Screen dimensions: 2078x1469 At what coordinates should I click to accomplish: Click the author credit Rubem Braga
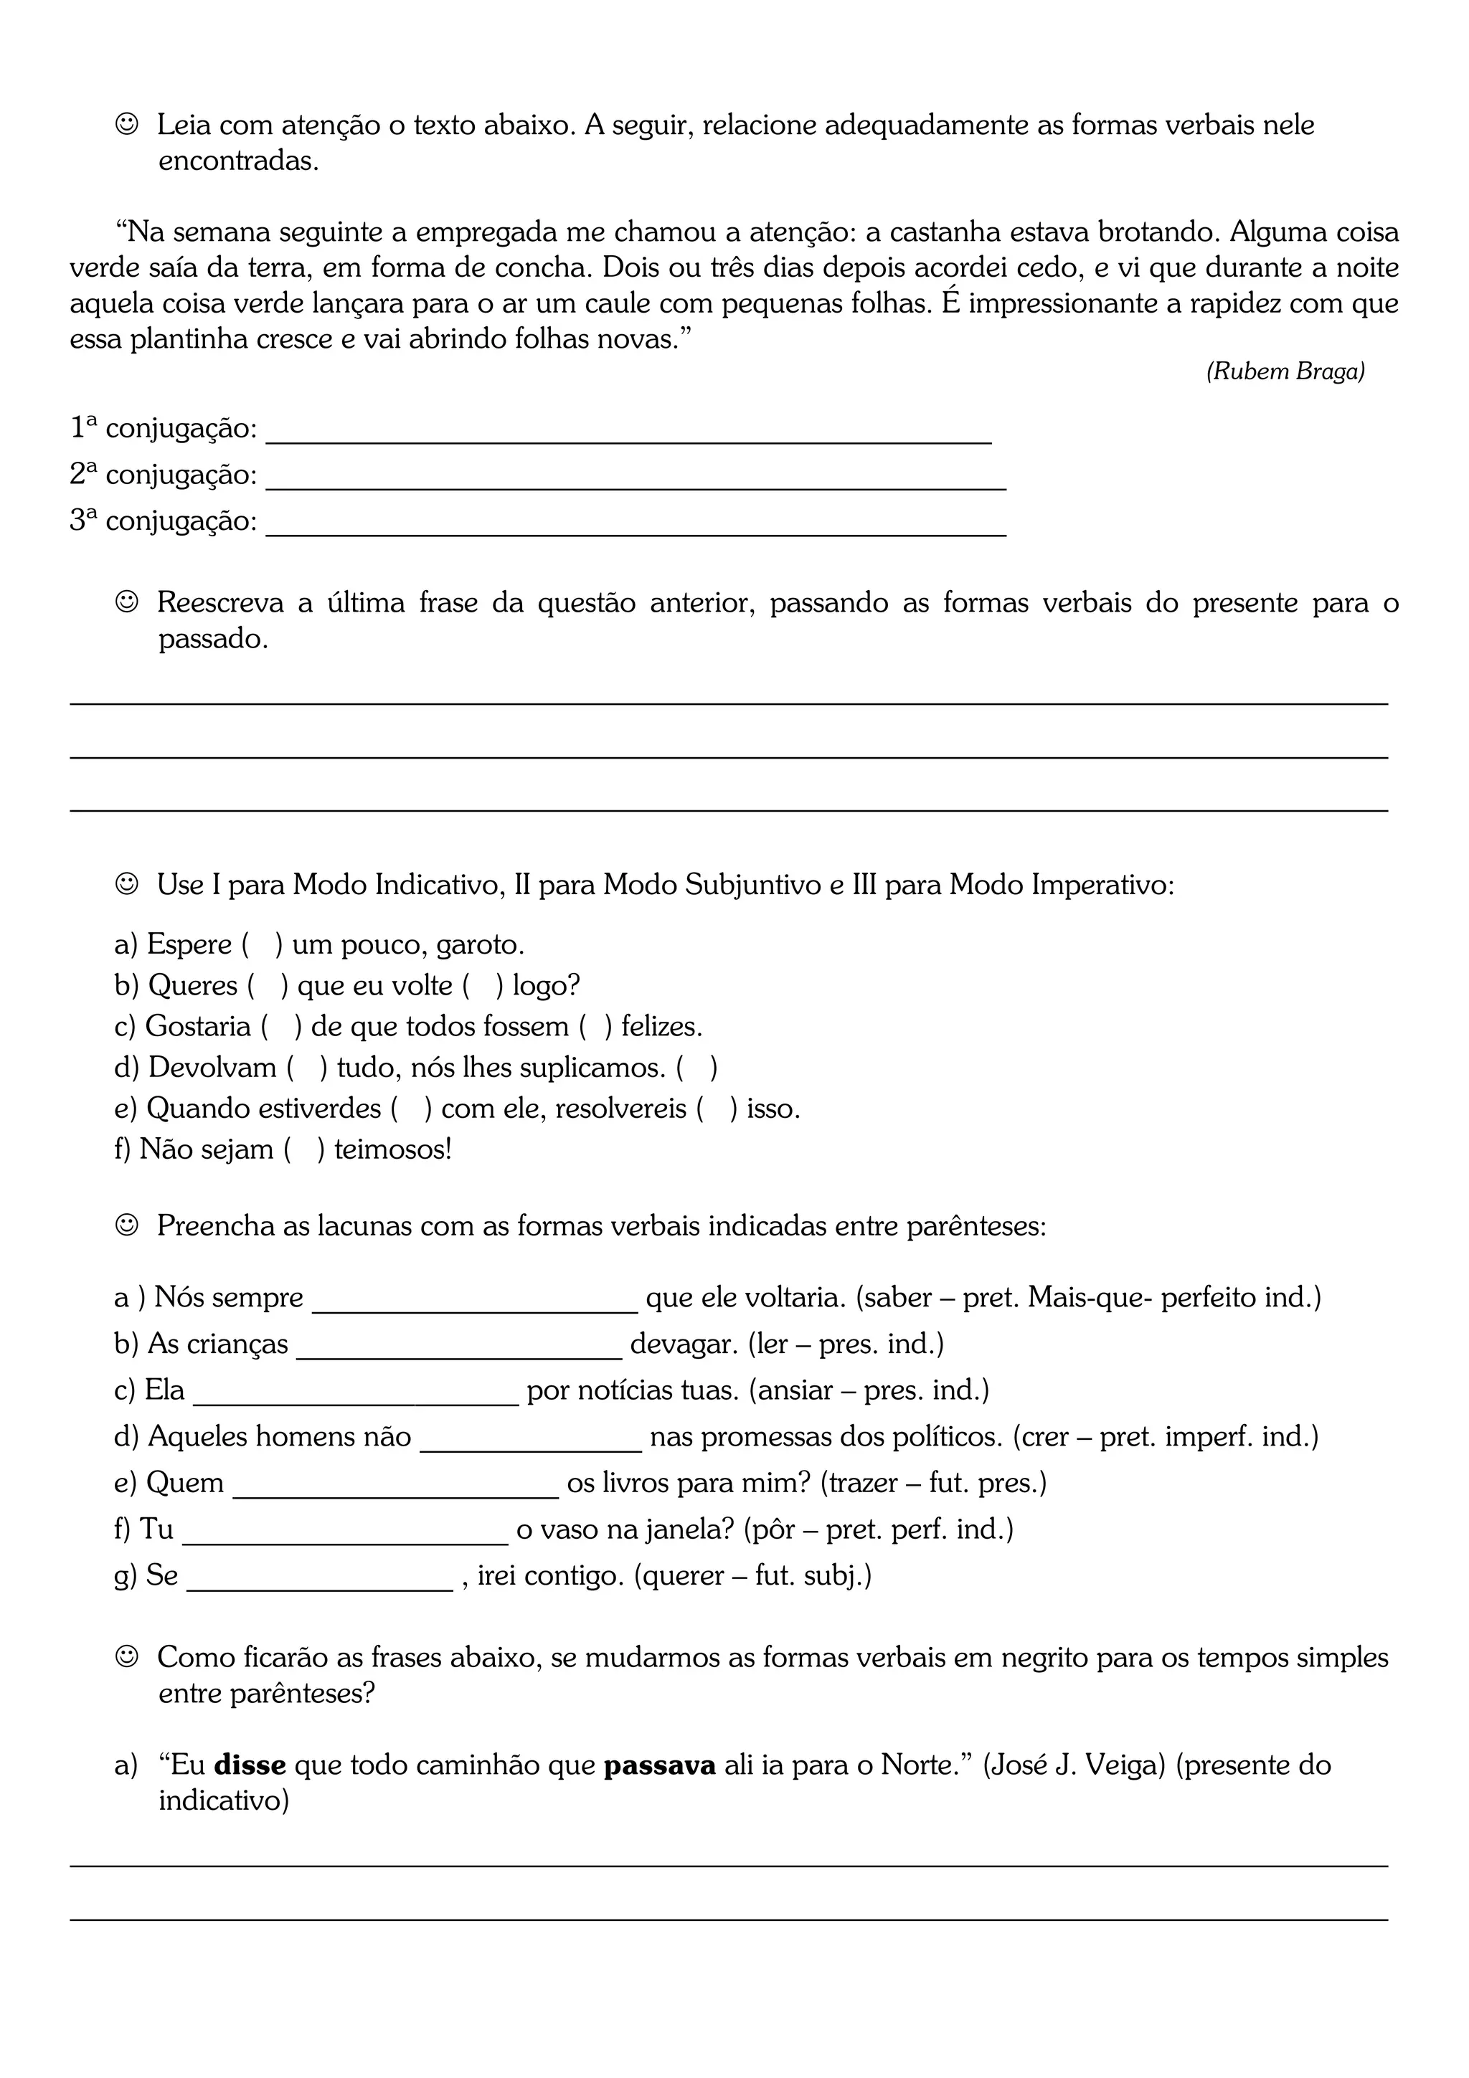click(x=1285, y=371)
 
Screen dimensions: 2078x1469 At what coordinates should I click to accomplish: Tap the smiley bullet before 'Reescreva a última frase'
click(x=127, y=602)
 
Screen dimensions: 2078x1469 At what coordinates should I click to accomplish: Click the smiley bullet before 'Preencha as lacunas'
click(x=127, y=1225)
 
